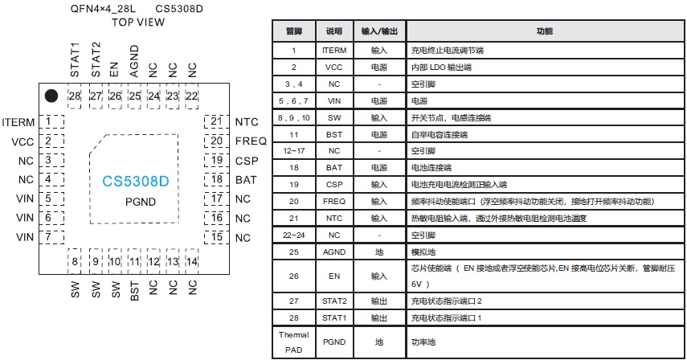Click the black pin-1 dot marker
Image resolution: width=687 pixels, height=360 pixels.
pos(51,96)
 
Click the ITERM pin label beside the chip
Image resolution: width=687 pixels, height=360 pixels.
pos(18,122)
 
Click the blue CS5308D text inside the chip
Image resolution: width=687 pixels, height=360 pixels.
pos(136,182)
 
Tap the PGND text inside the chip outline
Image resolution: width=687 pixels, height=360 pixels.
pos(139,203)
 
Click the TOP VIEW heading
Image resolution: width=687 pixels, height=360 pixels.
pos(138,22)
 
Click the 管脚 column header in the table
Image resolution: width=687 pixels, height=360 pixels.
pos(293,31)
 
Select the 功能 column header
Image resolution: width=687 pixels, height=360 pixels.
pos(544,31)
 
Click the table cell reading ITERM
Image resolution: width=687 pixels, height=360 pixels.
pos(334,50)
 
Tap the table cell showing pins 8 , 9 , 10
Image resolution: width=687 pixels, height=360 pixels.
pos(293,117)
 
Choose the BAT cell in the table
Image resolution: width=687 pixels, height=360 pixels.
pos(334,167)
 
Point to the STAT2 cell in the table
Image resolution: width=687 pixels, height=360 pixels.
pos(334,301)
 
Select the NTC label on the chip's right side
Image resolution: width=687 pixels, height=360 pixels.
pos(247,122)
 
